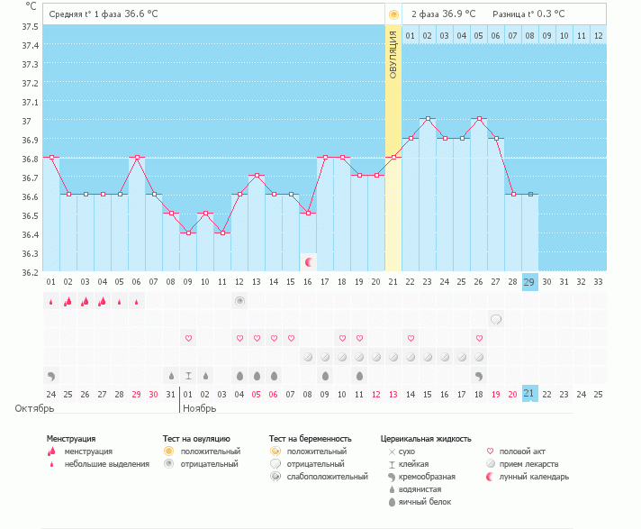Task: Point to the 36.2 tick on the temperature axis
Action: click(x=31, y=272)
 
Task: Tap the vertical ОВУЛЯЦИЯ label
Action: click(x=393, y=54)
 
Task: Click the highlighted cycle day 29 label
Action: click(x=529, y=281)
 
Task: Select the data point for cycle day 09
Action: click(x=188, y=233)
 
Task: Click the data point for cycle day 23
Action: click(x=428, y=119)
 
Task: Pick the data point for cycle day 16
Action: click(x=308, y=214)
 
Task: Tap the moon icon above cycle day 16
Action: click(x=309, y=262)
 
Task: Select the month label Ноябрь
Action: click(x=199, y=408)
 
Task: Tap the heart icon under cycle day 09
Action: click(x=188, y=338)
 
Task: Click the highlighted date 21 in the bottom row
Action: click(x=529, y=394)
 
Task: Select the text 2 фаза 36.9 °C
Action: click(x=443, y=14)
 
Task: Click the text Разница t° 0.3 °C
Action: click(x=529, y=14)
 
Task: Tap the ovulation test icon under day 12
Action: click(x=239, y=300)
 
